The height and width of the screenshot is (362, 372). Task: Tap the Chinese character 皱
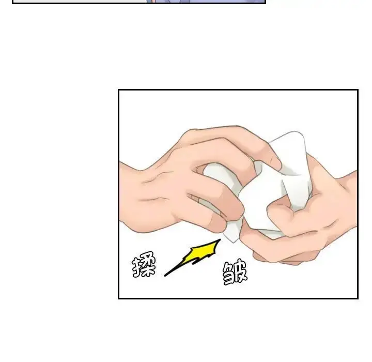(x=235, y=273)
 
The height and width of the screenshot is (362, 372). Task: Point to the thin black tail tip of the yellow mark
(x=165, y=276)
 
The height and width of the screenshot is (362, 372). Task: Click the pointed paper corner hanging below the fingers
(x=233, y=234)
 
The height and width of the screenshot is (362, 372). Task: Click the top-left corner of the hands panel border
(x=119, y=90)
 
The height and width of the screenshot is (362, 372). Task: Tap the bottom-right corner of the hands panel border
(x=358, y=298)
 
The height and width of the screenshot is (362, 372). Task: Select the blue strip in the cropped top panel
(x=206, y=1)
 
